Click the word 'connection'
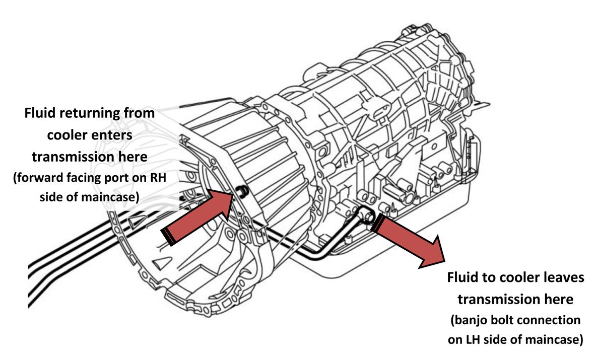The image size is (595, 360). click(x=551, y=320)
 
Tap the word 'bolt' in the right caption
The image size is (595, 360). click(x=505, y=320)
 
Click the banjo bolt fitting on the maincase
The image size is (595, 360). click(x=369, y=217)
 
